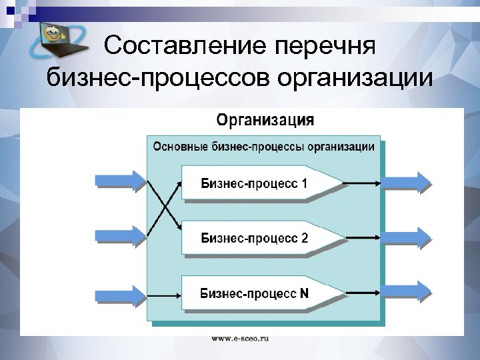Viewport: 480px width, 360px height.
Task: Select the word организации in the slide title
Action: coord(355,79)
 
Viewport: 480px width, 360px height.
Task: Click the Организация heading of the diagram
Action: coord(265,121)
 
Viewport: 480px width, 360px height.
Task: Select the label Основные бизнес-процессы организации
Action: coord(264,146)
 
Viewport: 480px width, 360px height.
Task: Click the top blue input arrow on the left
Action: coord(121,181)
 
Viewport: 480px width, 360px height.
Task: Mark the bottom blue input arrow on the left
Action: coord(121,294)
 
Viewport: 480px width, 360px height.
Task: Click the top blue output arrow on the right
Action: coord(407,182)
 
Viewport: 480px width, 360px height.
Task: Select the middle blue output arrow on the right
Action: coord(407,237)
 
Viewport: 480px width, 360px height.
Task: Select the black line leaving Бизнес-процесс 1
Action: coord(363,182)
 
